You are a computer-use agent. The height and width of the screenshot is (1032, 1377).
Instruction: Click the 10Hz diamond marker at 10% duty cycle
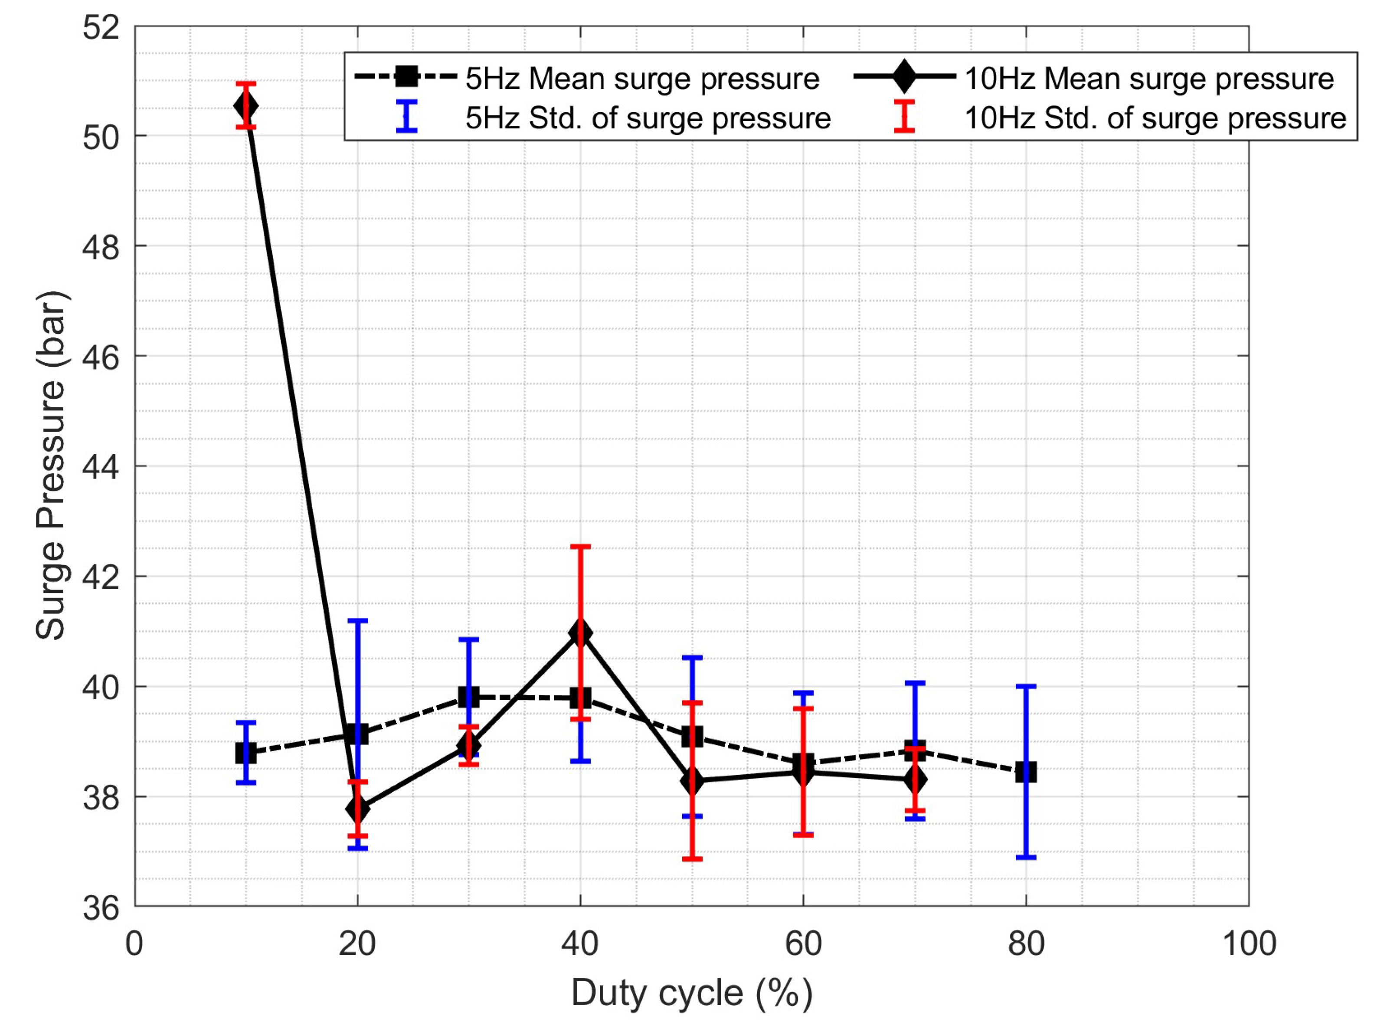click(246, 107)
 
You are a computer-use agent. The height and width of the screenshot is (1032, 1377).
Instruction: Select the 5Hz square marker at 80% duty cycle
click(1025, 772)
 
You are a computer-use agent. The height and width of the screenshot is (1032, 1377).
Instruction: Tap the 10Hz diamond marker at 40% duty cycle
click(580, 633)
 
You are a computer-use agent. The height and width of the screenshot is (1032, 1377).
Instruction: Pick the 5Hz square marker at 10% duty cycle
click(246, 753)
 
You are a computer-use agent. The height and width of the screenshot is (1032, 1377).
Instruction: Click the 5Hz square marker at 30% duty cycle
click(469, 697)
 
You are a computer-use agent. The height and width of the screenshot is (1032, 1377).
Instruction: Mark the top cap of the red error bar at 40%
click(580, 547)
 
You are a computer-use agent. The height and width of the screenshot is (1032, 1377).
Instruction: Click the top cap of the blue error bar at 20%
click(357, 620)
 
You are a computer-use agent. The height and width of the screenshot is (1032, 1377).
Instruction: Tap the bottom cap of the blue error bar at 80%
click(1025, 858)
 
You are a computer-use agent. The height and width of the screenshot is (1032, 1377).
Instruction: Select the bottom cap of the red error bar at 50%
click(692, 859)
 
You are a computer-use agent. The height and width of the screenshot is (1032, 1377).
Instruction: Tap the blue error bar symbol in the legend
click(406, 116)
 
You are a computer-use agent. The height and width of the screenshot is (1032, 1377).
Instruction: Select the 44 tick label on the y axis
click(100, 467)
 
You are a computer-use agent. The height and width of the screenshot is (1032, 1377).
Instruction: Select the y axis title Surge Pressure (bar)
click(51, 466)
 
